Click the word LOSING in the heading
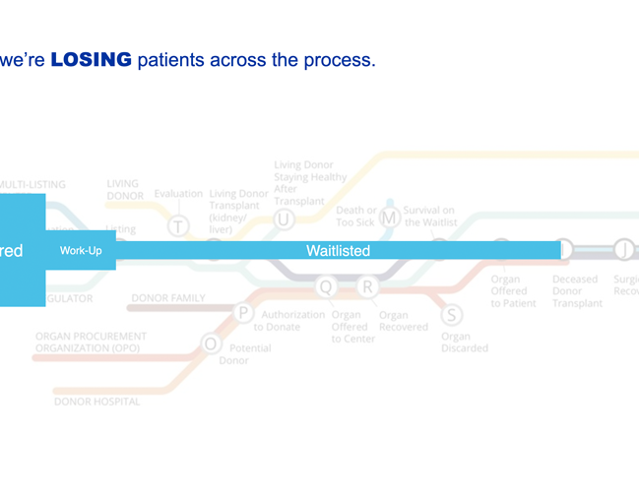pos(91,60)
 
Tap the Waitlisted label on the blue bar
pos(338,251)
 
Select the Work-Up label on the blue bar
pos(81,251)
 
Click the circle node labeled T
pos(177,226)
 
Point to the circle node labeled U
pos(284,219)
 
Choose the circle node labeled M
pos(390,217)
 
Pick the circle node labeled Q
pos(326,286)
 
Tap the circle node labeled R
pos(367,286)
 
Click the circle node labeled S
pos(451,315)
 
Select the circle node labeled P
pos(243,313)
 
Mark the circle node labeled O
pos(210,344)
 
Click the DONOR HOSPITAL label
pos(96,401)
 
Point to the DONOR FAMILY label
pos(168,297)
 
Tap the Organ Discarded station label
pos(464,343)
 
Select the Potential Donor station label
pos(244,354)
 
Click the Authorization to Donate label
pos(292,321)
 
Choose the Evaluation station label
pos(178,194)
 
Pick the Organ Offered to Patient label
pos(513,291)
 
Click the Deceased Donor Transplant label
pos(575,291)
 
